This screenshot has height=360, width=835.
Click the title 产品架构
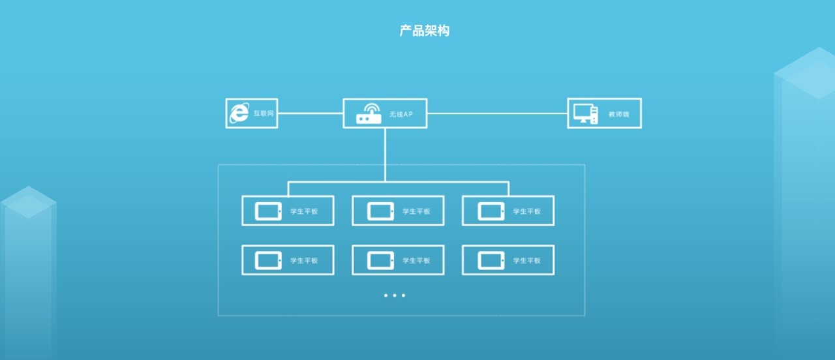point(424,31)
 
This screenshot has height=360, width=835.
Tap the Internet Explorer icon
point(239,113)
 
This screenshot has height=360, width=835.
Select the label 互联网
point(264,113)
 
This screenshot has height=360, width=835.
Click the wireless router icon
point(369,113)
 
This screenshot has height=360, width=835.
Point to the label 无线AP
point(401,114)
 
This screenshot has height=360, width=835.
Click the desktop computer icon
point(585,113)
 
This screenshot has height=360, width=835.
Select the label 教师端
point(618,114)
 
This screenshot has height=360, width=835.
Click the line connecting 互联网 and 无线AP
point(311,113)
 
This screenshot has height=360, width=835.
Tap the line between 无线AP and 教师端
point(497,113)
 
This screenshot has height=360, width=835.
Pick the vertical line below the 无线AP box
point(385,154)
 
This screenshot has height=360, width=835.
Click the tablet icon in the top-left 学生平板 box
point(269,211)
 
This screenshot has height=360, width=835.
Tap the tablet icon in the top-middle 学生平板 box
point(380,211)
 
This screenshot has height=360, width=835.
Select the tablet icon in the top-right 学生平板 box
point(491,211)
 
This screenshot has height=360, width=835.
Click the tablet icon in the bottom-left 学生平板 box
point(269,260)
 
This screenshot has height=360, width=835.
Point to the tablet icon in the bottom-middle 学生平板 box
point(380,260)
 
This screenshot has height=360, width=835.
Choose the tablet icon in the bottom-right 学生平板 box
point(491,260)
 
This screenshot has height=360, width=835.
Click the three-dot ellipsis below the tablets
point(395,295)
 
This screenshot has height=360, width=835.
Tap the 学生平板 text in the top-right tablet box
point(526,211)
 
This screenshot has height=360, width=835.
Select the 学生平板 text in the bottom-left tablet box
point(304,261)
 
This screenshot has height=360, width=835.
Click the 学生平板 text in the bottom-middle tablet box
point(416,261)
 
